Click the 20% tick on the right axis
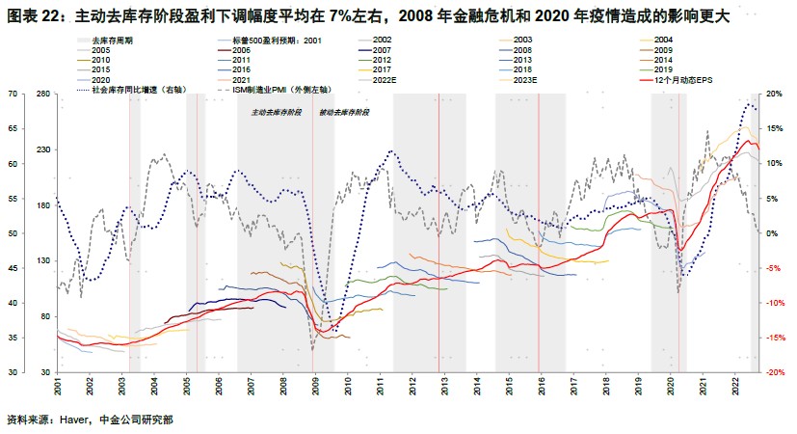tap(774, 94)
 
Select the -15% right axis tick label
tap(774, 338)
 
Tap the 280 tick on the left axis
tap(42, 94)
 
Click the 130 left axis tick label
tap(42, 260)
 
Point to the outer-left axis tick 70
tap(14, 94)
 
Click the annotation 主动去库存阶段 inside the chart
tap(276, 113)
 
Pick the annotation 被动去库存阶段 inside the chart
tap(344, 113)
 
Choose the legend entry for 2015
tap(100, 69)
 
